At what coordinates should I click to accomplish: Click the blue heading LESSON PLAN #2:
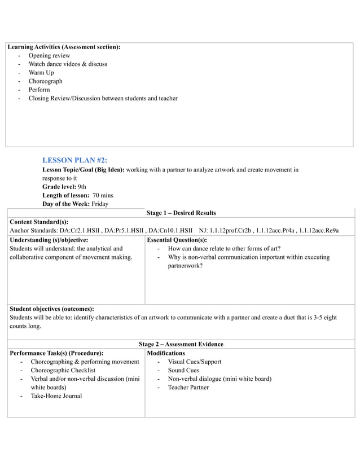tap(74, 160)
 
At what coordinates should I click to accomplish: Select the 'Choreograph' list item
tap(46, 81)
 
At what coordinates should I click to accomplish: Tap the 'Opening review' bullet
tap(50, 56)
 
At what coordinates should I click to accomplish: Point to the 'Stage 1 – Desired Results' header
tap(181, 213)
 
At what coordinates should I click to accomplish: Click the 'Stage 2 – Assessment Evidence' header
tap(181, 344)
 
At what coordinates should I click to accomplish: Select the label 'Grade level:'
tap(59, 186)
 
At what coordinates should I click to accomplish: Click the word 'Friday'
tap(99, 204)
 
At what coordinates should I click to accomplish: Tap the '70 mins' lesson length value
tap(103, 195)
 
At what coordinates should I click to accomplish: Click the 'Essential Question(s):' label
tap(177, 240)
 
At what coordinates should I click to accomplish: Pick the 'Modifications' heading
tap(166, 353)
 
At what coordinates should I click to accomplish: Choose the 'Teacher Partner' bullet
tap(188, 388)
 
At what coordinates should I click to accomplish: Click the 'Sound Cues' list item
tap(183, 371)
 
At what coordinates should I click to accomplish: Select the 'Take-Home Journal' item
tap(56, 396)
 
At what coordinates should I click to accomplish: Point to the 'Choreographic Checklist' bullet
tap(63, 371)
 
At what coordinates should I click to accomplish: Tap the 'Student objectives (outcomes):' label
tap(52, 309)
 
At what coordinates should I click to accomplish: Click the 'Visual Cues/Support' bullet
tap(195, 362)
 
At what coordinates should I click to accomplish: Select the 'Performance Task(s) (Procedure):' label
tap(56, 353)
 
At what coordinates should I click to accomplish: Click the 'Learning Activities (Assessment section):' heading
tap(64, 47)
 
